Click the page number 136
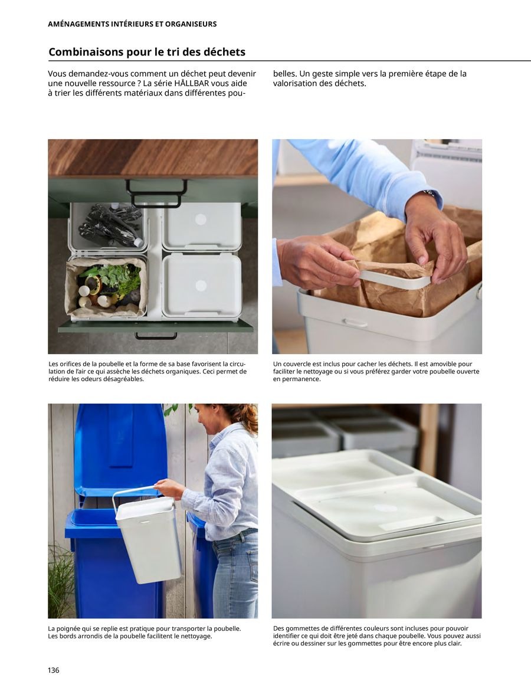tap(54, 670)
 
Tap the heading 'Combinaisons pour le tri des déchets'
tap(147, 52)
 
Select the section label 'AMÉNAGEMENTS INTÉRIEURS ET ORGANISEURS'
tap(132, 24)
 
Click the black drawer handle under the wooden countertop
tap(156, 194)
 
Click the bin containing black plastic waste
tap(107, 225)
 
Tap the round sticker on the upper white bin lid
tap(201, 219)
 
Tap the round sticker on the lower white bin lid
tap(201, 286)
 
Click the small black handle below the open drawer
tap(156, 336)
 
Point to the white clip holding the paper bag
tap(394, 279)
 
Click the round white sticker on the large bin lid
tap(385, 508)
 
